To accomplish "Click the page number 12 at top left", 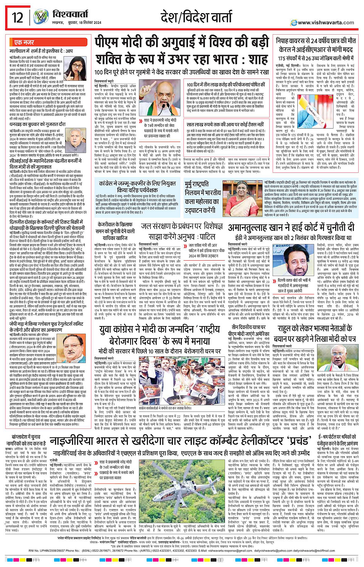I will pyautogui.click(x=18, y=18).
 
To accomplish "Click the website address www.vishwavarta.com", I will pyautogui.click(x=325, y=23).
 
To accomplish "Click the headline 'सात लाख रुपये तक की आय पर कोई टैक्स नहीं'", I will pyautogui.click(x=225, y=124).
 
